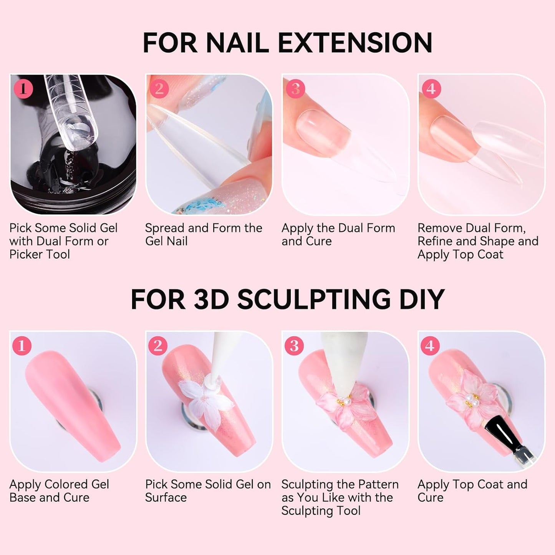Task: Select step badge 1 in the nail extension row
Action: click(x=23, y=89)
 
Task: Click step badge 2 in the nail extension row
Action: click(x=159, y=89)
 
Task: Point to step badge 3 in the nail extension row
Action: click(x=295, y=89)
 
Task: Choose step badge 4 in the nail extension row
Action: click(x=431, y=89)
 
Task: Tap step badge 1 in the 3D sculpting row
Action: click(x=22, y=346)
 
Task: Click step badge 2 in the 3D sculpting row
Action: click(x=158, y=346)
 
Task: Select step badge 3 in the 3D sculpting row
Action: click(x=294, y=346)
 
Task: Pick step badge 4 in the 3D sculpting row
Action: click(x=430, y=346)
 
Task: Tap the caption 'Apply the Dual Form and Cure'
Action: click(x=338, y=235)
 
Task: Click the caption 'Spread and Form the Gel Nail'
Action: click(x=203, y=235)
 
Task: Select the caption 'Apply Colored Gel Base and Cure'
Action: click(x=59, y=491)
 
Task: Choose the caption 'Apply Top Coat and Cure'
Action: click(x=472, y=491)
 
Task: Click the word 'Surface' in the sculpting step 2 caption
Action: click(x=166, y=498)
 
